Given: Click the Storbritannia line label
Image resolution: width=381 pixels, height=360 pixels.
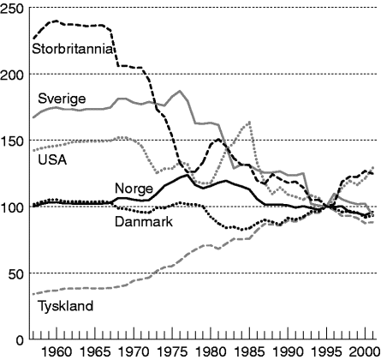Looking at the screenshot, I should coord(73,48).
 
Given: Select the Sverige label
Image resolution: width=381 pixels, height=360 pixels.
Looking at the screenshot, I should coord(61,99).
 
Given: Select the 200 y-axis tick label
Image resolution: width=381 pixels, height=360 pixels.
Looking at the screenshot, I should coord(12,74).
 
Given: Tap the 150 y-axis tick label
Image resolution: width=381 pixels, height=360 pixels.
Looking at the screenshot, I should coord(12,141).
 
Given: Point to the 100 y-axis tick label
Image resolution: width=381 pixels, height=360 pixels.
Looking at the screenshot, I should coord(12,207).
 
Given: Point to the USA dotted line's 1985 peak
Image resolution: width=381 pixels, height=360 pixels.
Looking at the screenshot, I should coord(249,123).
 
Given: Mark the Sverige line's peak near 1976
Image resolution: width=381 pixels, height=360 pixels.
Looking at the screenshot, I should coord(179,90).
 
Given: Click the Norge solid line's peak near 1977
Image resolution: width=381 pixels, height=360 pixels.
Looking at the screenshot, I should coord(187,174).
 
